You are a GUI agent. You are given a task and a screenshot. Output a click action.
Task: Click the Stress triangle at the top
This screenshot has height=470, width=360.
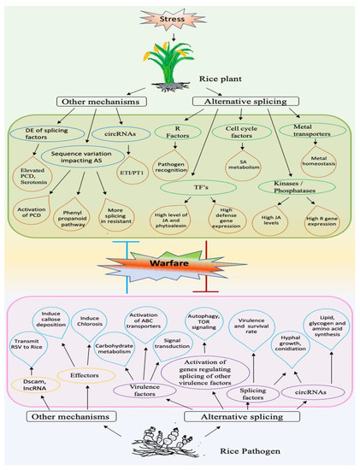pyautogui.click(x=179, y=16)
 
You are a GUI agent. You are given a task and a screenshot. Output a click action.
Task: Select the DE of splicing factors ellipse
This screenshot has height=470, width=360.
pyautogui.click(x=55, y=132)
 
